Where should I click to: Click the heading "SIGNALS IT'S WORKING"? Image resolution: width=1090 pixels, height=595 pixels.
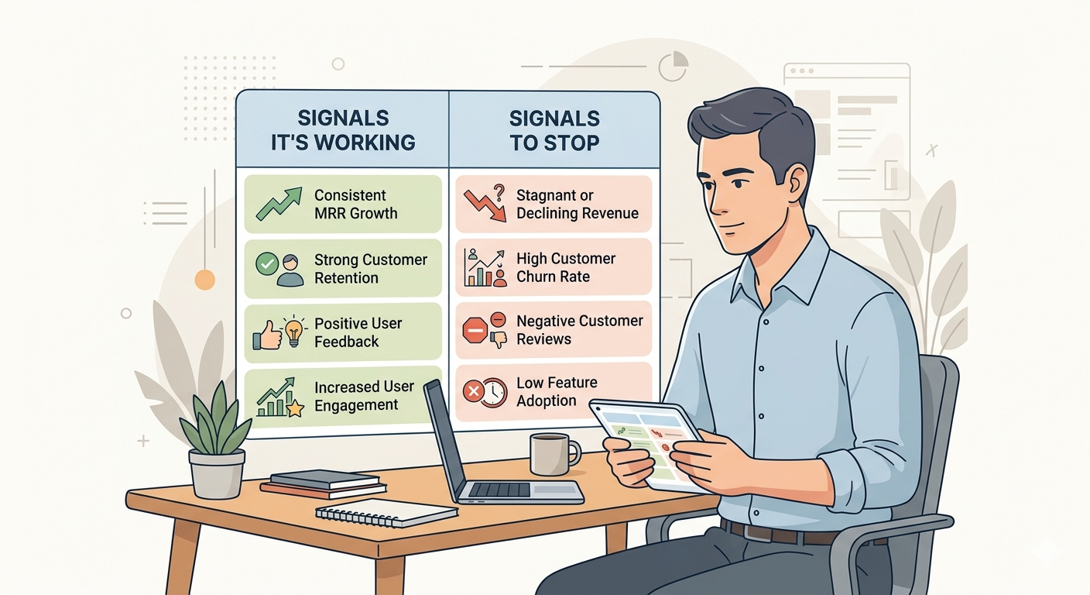click(x=343, y=130)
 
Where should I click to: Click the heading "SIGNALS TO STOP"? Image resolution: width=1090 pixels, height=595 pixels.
click(x=554, y=130)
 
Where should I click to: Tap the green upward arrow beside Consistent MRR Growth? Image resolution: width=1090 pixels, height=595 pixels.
click(x=279, y=204)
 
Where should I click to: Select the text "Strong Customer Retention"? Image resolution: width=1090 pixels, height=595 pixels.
click(x=371, y=269)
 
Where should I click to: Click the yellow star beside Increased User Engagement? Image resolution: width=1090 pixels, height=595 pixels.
click(x=295, y=408)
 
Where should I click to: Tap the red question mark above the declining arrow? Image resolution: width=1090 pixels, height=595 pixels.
click(x=499, y=193)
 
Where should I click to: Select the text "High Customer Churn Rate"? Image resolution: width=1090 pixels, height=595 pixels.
click(x=565, y=267)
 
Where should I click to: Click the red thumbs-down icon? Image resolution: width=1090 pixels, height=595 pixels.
click(x=499, y=339)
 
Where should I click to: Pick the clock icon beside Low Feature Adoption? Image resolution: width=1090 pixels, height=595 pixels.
click(x=493, y=393)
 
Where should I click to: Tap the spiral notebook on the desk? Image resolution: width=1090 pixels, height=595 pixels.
click(x=386, y=513)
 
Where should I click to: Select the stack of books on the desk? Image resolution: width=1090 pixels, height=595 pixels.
click(x=324, y=484)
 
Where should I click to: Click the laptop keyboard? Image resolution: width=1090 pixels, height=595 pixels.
click(x=499, y=490)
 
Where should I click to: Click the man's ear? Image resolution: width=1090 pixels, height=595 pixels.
click(x=798, y=183)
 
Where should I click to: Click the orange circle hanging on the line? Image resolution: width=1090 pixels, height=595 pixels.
click(x=205, y=280)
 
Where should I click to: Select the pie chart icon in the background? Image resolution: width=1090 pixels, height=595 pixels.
click(x=674, y=67)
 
